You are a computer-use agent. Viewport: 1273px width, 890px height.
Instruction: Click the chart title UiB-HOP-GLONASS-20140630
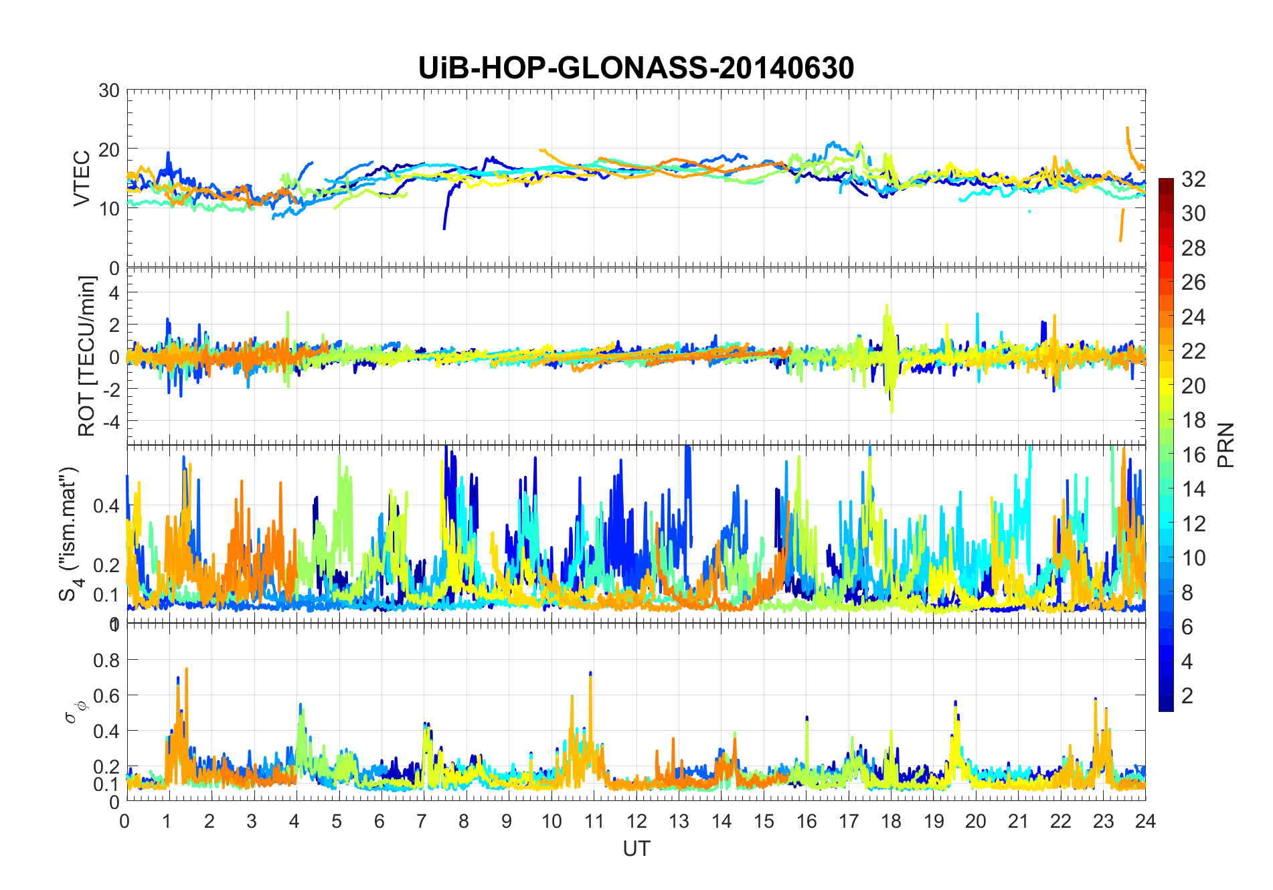pos(636,68)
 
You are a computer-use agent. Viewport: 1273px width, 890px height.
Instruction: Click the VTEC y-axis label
pos(82,179)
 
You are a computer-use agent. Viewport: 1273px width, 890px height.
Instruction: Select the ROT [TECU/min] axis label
pos(86,356)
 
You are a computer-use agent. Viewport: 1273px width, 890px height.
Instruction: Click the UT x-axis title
pos(636,849)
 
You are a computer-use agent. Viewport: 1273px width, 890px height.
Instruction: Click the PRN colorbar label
pos(1226,445)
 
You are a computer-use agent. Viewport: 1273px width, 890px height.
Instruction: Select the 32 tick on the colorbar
pos(1193,179)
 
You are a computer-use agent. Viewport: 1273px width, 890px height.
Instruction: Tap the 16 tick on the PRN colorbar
pos(1193,455)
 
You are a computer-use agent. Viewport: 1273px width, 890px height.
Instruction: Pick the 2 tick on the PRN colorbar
pos(1187,696)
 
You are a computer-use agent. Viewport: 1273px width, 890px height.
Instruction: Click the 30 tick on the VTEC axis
pos(108,91)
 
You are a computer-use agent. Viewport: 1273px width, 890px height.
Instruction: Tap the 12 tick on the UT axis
pos(636,821)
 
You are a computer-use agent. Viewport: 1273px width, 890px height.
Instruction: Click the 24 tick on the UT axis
pos(1145,821)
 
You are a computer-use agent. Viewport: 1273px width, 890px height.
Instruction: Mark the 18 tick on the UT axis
pos(891,821)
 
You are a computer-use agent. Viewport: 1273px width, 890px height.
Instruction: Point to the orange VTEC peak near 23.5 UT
pos(1128,128)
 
